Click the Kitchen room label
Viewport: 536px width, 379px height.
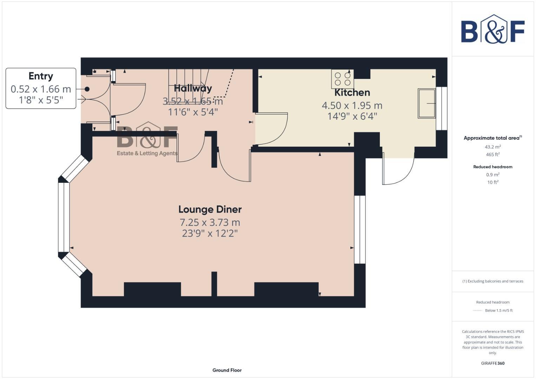click(352, 93)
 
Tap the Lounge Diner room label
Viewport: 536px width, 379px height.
click(210, 210)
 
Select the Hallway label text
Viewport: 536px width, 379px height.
click(193, 88)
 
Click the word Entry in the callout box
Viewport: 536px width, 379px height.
click(41, 76)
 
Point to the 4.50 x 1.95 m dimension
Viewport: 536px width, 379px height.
click(352, 105)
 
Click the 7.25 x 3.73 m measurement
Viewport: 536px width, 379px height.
click(210, 222)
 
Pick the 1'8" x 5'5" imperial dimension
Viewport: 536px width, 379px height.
click(41, 100)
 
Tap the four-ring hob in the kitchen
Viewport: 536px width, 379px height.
click(342, 79)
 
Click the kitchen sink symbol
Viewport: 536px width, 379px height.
click(426, 103)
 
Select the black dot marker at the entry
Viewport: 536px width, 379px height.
click(87, 89)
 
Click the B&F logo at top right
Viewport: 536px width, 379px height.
click(492, 29)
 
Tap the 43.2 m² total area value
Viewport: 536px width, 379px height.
click(492, 147)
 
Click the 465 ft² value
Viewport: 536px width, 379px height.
click(492, 154)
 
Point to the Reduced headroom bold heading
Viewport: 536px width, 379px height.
click(492, 167)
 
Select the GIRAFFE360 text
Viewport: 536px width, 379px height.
click(492, 363)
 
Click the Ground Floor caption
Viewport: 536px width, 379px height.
click(227, 370)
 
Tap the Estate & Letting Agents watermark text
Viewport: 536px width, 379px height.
click(147, 153)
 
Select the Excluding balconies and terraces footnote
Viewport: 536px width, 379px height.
click(492, 281)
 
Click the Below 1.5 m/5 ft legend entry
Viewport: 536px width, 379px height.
click(498, 310)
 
